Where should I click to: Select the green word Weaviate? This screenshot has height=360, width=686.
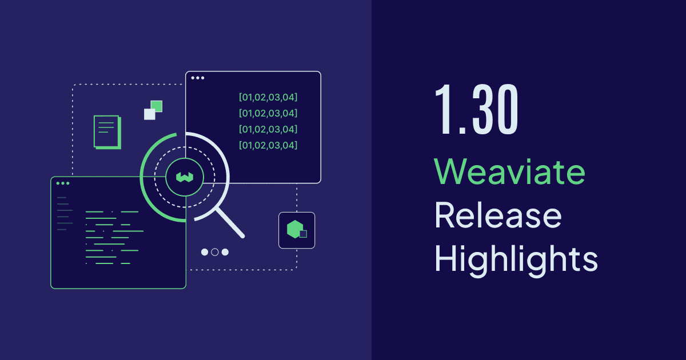click(x=509, y=171)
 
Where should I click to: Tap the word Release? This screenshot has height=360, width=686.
click(x=498, y=217)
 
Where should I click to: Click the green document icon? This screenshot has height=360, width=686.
click(x=107, y=132)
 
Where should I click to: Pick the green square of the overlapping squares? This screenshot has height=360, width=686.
click(x=156, y=106)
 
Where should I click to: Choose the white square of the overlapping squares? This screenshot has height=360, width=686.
click(x=150, y=114)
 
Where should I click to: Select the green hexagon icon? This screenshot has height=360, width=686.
click(x=294, y=229)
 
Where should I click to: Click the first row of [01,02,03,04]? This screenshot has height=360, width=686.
click(x=268, y=97)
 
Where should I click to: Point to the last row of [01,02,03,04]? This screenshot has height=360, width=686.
click(x=268, y=145)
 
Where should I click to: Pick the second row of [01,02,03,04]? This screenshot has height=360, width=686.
click(x=268, y=113)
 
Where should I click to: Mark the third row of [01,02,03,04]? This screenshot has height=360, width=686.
click(x=268, y=129)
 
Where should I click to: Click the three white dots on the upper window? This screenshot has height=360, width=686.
click(x=197, y=78)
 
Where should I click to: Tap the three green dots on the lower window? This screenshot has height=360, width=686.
click(x=62, y=183)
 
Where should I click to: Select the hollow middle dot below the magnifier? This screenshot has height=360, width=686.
click(x=215, y=252)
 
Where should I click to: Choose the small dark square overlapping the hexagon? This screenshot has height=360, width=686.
click(x=303, y=234)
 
